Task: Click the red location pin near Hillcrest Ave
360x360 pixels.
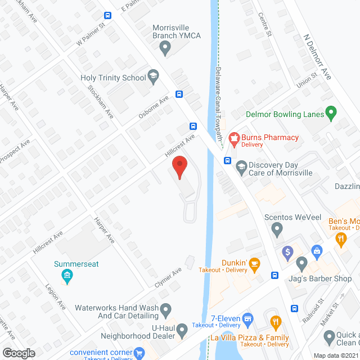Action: point(179,168)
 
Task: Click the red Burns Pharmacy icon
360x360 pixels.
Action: point(233,138)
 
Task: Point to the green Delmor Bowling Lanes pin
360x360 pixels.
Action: point(331,114)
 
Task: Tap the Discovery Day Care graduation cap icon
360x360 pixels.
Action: point(241,166)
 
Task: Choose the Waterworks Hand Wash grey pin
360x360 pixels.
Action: point(166,309)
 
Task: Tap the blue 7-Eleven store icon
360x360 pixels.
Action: point(247,321)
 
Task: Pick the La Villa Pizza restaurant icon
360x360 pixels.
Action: point(276,323)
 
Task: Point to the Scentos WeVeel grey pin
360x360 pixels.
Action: point(277,229)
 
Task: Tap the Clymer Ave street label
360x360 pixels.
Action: point(169,278)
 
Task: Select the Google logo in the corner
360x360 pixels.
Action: point(19,353)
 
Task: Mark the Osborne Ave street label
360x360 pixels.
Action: point(154,107)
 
